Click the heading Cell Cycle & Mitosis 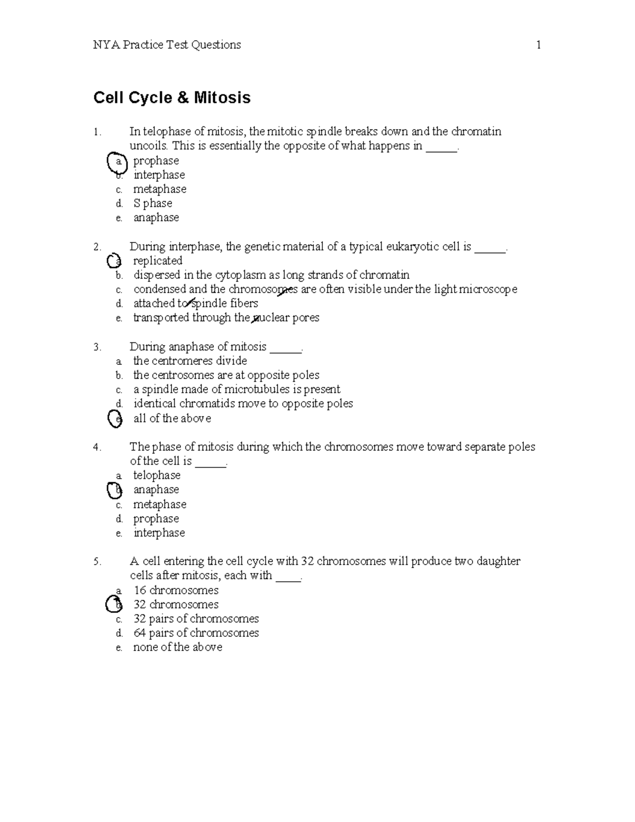[172, 98]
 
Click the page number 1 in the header [538, 45]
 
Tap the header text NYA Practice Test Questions [167, 45]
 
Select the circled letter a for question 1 [117, 161]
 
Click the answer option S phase [152, 203]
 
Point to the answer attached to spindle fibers [195, 303]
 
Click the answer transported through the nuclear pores [226, 318]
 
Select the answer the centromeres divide [190, 361]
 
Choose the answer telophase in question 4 [157, 475]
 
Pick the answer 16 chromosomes [176, 590]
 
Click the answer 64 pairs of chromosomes [196, 633]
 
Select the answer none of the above [177, 647]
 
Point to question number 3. [97, 347]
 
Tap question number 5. [97, 562]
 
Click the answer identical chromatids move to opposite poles [243, 404]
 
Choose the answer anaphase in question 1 [156, 218]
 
